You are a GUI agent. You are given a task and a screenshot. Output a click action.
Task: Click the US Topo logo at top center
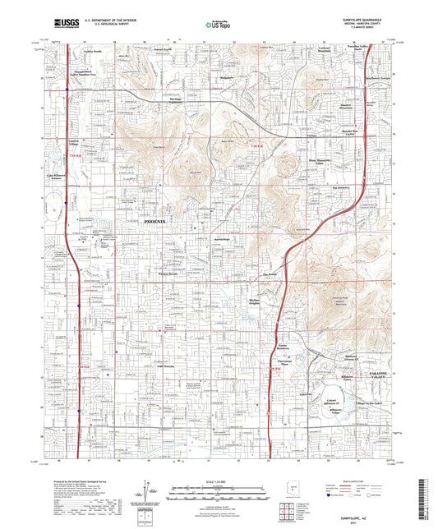(219, 25)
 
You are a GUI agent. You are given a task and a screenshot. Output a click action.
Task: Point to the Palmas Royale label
(168, 274)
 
